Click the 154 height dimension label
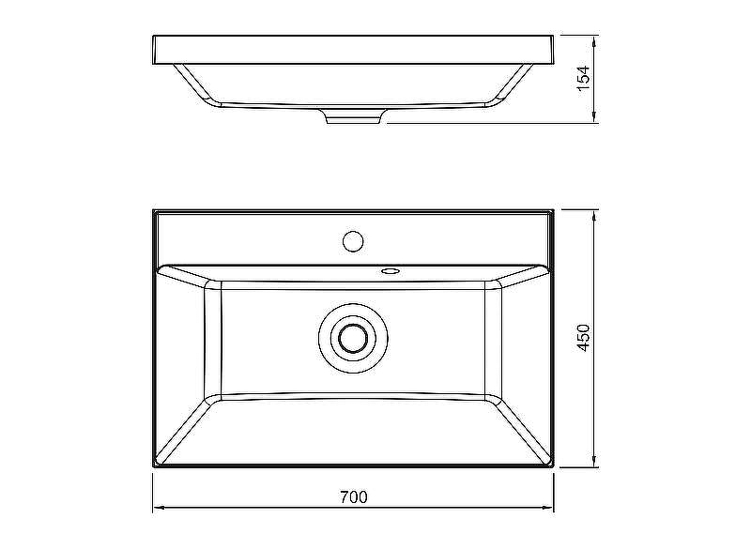[x=583, y=79]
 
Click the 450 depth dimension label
[x=583, y=338]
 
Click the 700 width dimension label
[x=354, y=497]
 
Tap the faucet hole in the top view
[x=354, y=241]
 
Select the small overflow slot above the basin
[x=390, y=271]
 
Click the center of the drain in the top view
[x=354, y=338]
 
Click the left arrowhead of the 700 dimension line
[x=159, y=507]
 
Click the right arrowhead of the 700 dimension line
[x=548, y=507]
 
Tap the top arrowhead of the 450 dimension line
[x=594, y=216]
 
